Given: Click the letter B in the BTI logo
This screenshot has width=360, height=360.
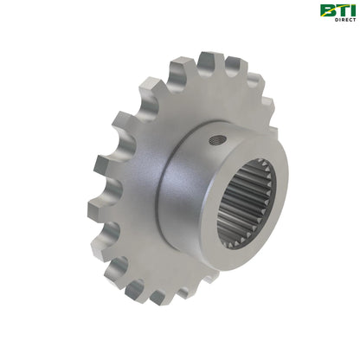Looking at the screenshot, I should [326, 10].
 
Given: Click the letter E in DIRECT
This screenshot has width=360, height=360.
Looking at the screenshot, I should [345, 21].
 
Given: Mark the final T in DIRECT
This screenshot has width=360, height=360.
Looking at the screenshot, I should [353, 21].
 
